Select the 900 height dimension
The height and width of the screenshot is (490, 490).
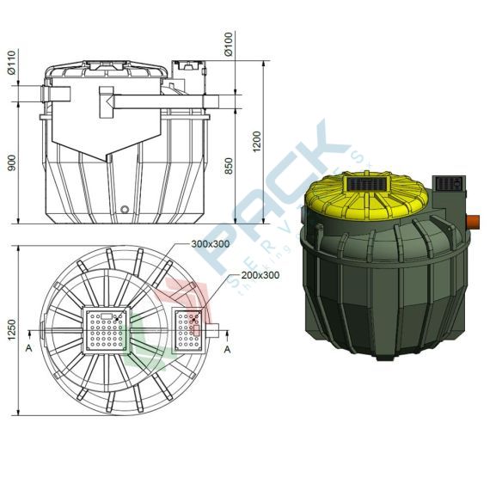12,162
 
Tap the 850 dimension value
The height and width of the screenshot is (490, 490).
228,164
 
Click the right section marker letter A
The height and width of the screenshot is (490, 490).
227,349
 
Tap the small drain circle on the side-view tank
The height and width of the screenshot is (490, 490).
126,210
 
